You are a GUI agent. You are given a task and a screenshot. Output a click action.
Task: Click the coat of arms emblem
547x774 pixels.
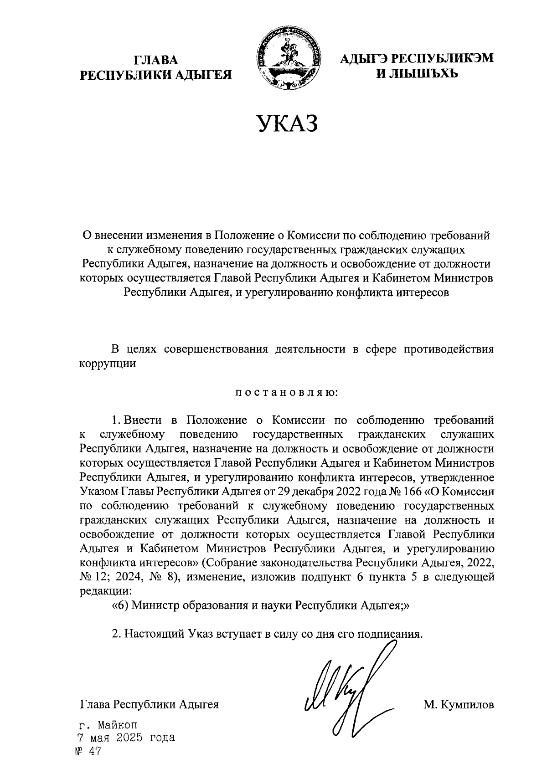pos(286,58)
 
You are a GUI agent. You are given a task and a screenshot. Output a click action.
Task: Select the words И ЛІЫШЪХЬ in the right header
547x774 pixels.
pos(417,73)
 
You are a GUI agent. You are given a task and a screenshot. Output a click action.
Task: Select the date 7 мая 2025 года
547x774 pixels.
pos(125,738)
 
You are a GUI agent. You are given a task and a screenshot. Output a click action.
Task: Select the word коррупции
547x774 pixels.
pos(108,364)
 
